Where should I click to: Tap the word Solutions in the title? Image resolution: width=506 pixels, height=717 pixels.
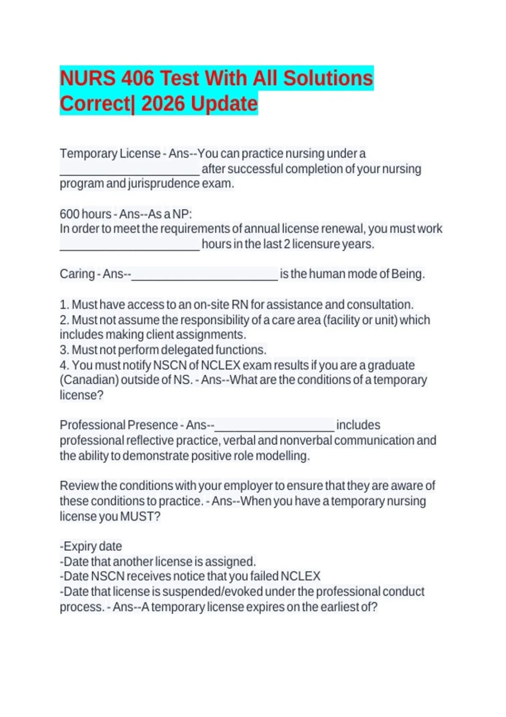328,78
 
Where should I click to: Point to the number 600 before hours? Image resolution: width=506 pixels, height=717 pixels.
70,214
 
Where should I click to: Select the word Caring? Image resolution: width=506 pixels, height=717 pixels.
77,274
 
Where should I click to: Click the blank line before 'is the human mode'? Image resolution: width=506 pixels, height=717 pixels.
205,276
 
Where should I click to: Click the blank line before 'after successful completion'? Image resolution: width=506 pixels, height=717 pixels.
129,171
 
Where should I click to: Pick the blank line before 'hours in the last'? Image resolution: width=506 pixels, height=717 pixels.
129,247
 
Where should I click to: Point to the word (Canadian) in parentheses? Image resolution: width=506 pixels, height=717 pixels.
89,380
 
